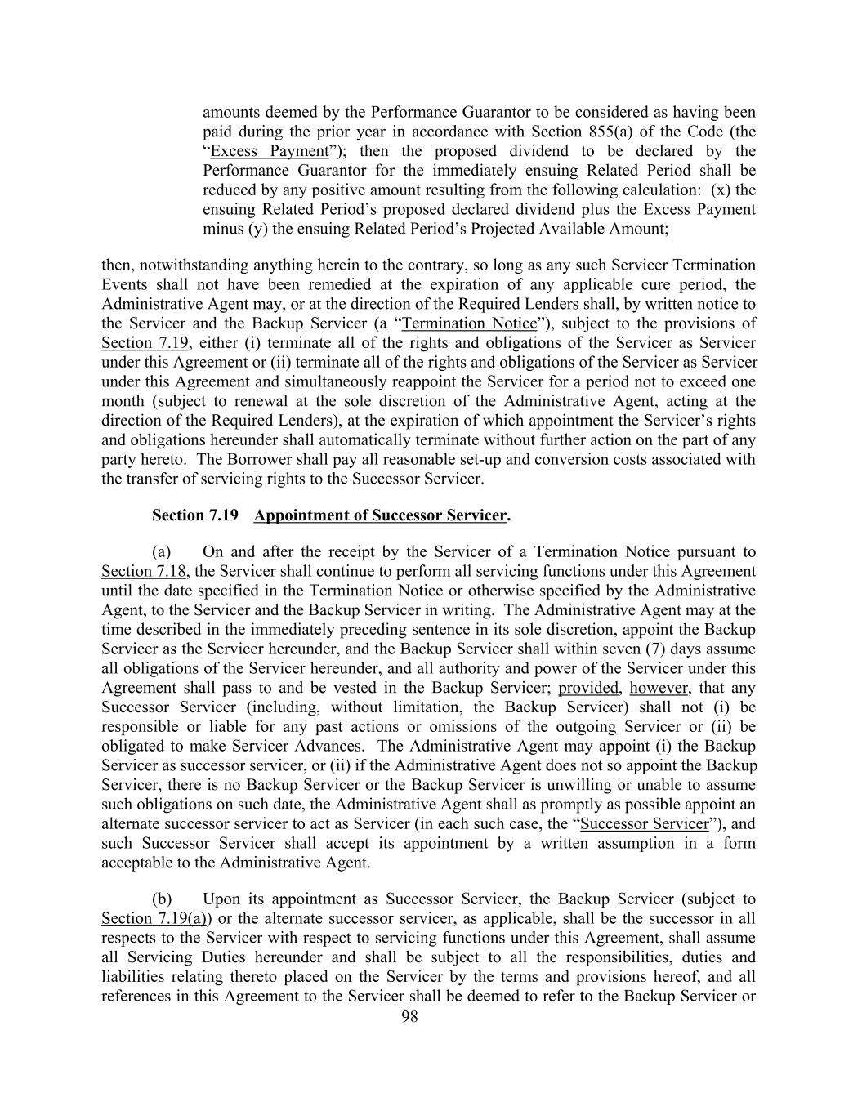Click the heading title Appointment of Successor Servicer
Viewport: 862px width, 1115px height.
coord(380,515)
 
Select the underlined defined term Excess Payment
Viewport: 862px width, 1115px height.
coord(269,151)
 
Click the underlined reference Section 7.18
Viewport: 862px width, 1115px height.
coord(138,572)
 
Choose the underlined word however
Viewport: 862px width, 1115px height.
coord(659,689)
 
